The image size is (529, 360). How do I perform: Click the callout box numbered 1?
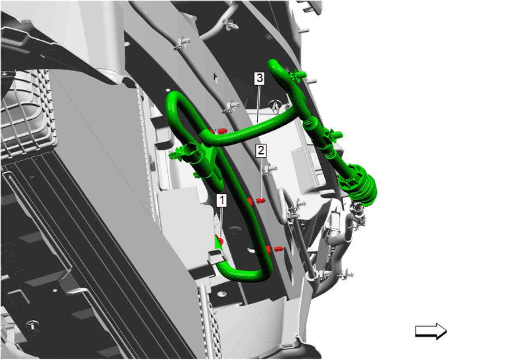pyautogui.click(x=222, y=200)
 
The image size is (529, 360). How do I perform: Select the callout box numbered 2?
pyautogui.click(x=261, y=150)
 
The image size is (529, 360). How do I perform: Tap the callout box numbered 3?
pyautogui.click(x=259, y=78)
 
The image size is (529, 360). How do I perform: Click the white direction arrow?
pyautogui.click(x=430, y=331)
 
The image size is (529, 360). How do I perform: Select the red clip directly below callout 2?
pyautogui.click(x=260, y=201)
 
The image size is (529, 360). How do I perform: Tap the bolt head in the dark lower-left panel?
pyautogui.click(x=33, y=326)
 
